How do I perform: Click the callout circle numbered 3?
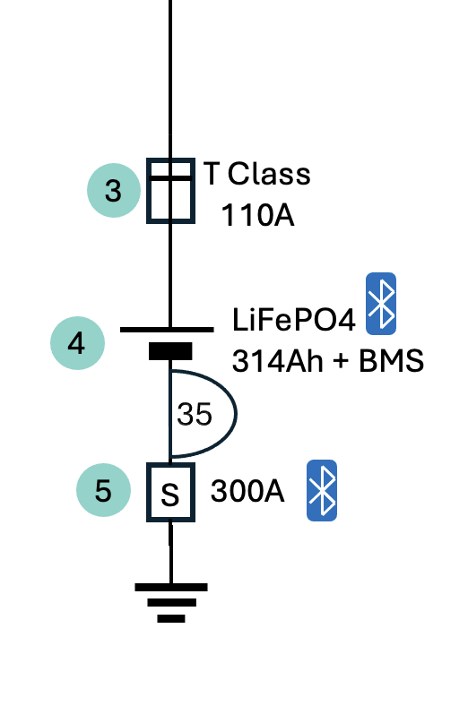click(114, 190)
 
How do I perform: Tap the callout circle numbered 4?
click(77, 343)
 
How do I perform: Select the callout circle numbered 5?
click(103, 490)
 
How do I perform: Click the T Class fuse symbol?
click(170, 191)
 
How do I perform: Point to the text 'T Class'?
click(256, 174)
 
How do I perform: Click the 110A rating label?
click(257, 215)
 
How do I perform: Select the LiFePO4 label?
click(294, 320)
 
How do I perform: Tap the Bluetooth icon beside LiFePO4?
click(381, 304)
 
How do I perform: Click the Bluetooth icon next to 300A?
click(322, 490)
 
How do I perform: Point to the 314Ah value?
click(277, 361)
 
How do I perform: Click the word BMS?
click(391, 361)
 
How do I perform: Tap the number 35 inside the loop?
click(195, 414)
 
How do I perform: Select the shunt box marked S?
click(170, 492)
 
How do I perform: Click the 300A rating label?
click(247, 491)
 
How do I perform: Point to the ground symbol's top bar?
click(171, 587)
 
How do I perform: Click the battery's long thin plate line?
click(167, 330)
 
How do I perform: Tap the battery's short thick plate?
click(170, 351)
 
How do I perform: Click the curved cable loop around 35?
click(236, 413)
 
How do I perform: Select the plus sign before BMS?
click(341, 362)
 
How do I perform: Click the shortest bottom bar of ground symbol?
click(171, 619)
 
